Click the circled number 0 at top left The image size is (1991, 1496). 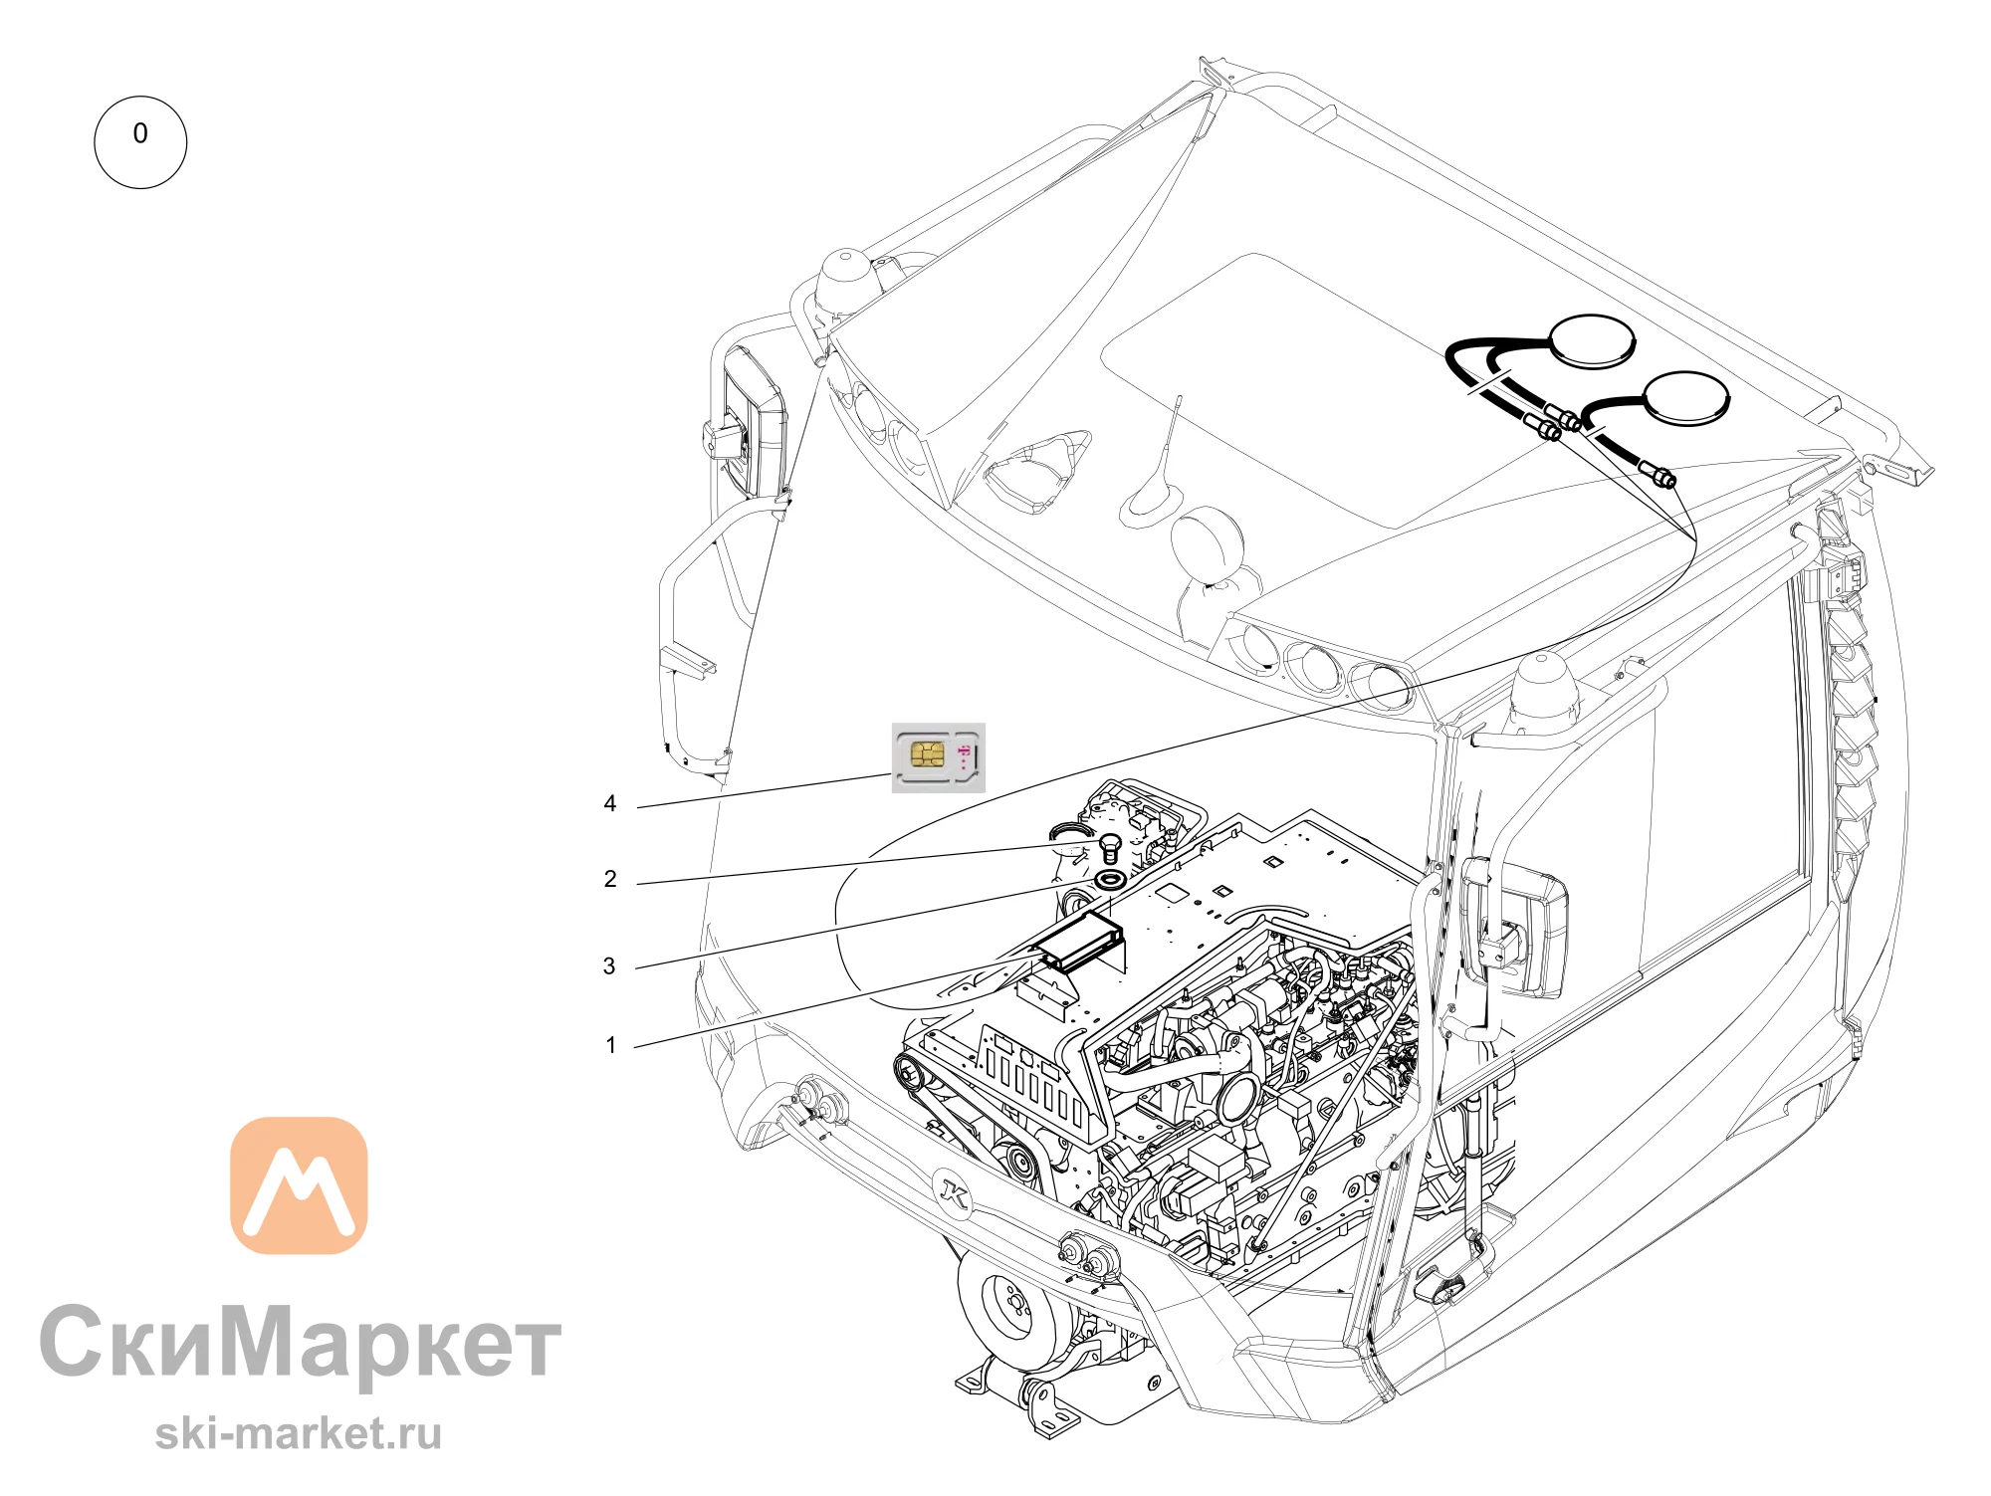(x=140, y=142)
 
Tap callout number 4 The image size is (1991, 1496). (x=610, y=803)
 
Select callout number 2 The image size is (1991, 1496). (x=610, y=879)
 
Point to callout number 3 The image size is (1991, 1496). (x=609, y=965)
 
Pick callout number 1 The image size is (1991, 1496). (x=611, y=1045)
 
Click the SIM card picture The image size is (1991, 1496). (x=938, y=757)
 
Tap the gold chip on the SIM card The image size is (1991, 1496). (x=927, y=753)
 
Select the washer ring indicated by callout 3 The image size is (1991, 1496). (x=1110, y=880)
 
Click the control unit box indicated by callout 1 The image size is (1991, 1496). (x=1078, y=940)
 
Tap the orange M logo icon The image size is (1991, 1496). (x=299, y=1184)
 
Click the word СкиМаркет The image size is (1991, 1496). (x=301, y=1344)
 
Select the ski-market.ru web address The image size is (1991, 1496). (x=299, y=1433)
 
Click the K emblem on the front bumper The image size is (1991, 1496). (x=954, y=1193)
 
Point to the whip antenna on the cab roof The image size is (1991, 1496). (x=1160, y=463)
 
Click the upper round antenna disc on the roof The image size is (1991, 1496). (x=1592, y=340)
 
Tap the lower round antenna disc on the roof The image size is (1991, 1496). (x=1686, y=397)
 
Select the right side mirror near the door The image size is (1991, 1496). (x=1513, y=926)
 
